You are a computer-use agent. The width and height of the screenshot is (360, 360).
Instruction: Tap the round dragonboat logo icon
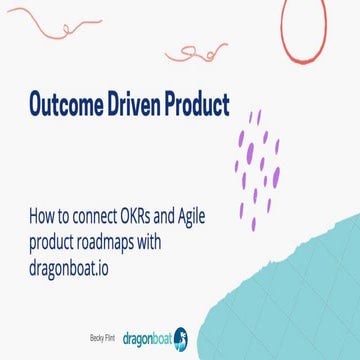(x=181, y=339)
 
